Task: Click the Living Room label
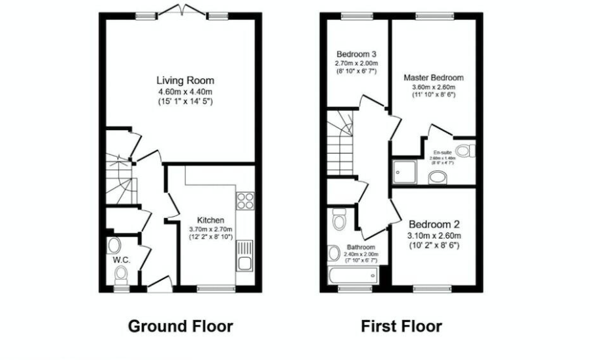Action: point(185,80)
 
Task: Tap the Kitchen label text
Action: point(210,220)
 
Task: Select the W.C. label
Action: point(121,260)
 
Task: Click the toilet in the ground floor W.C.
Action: point(115,246)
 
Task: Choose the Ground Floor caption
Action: point(180,326)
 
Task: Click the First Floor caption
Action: point(401,326)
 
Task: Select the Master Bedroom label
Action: point(433,78)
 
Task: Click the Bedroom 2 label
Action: point(434,224)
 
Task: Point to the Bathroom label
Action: point(361,248)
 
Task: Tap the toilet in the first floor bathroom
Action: point(339,219)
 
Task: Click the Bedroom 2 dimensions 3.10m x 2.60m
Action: point(434,235)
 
